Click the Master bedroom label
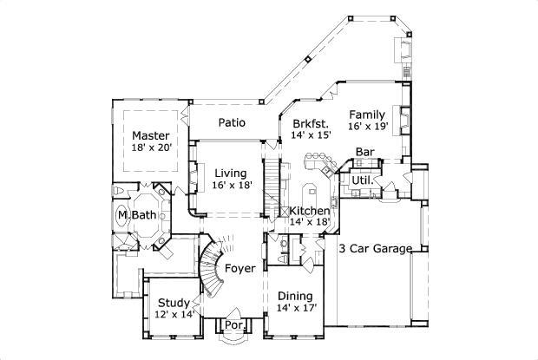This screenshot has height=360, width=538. click(150, 136)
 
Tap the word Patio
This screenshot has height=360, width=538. click(231, 123)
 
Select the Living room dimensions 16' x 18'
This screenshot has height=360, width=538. click(232, 185)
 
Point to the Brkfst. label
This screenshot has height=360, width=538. click(310, 123)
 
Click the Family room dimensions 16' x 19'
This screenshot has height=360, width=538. click(369, 127)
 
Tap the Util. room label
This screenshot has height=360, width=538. click(361, 180)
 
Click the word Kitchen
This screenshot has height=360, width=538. click(310, 211)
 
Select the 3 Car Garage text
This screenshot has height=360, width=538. click(375, 249)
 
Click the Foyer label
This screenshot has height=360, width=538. click(239, 268)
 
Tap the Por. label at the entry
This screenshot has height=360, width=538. click(233, 325)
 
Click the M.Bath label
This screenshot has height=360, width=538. click(136, 215)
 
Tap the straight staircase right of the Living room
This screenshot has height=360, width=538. click(272, 181)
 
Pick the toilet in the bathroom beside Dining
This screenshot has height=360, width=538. click(284, 256)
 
